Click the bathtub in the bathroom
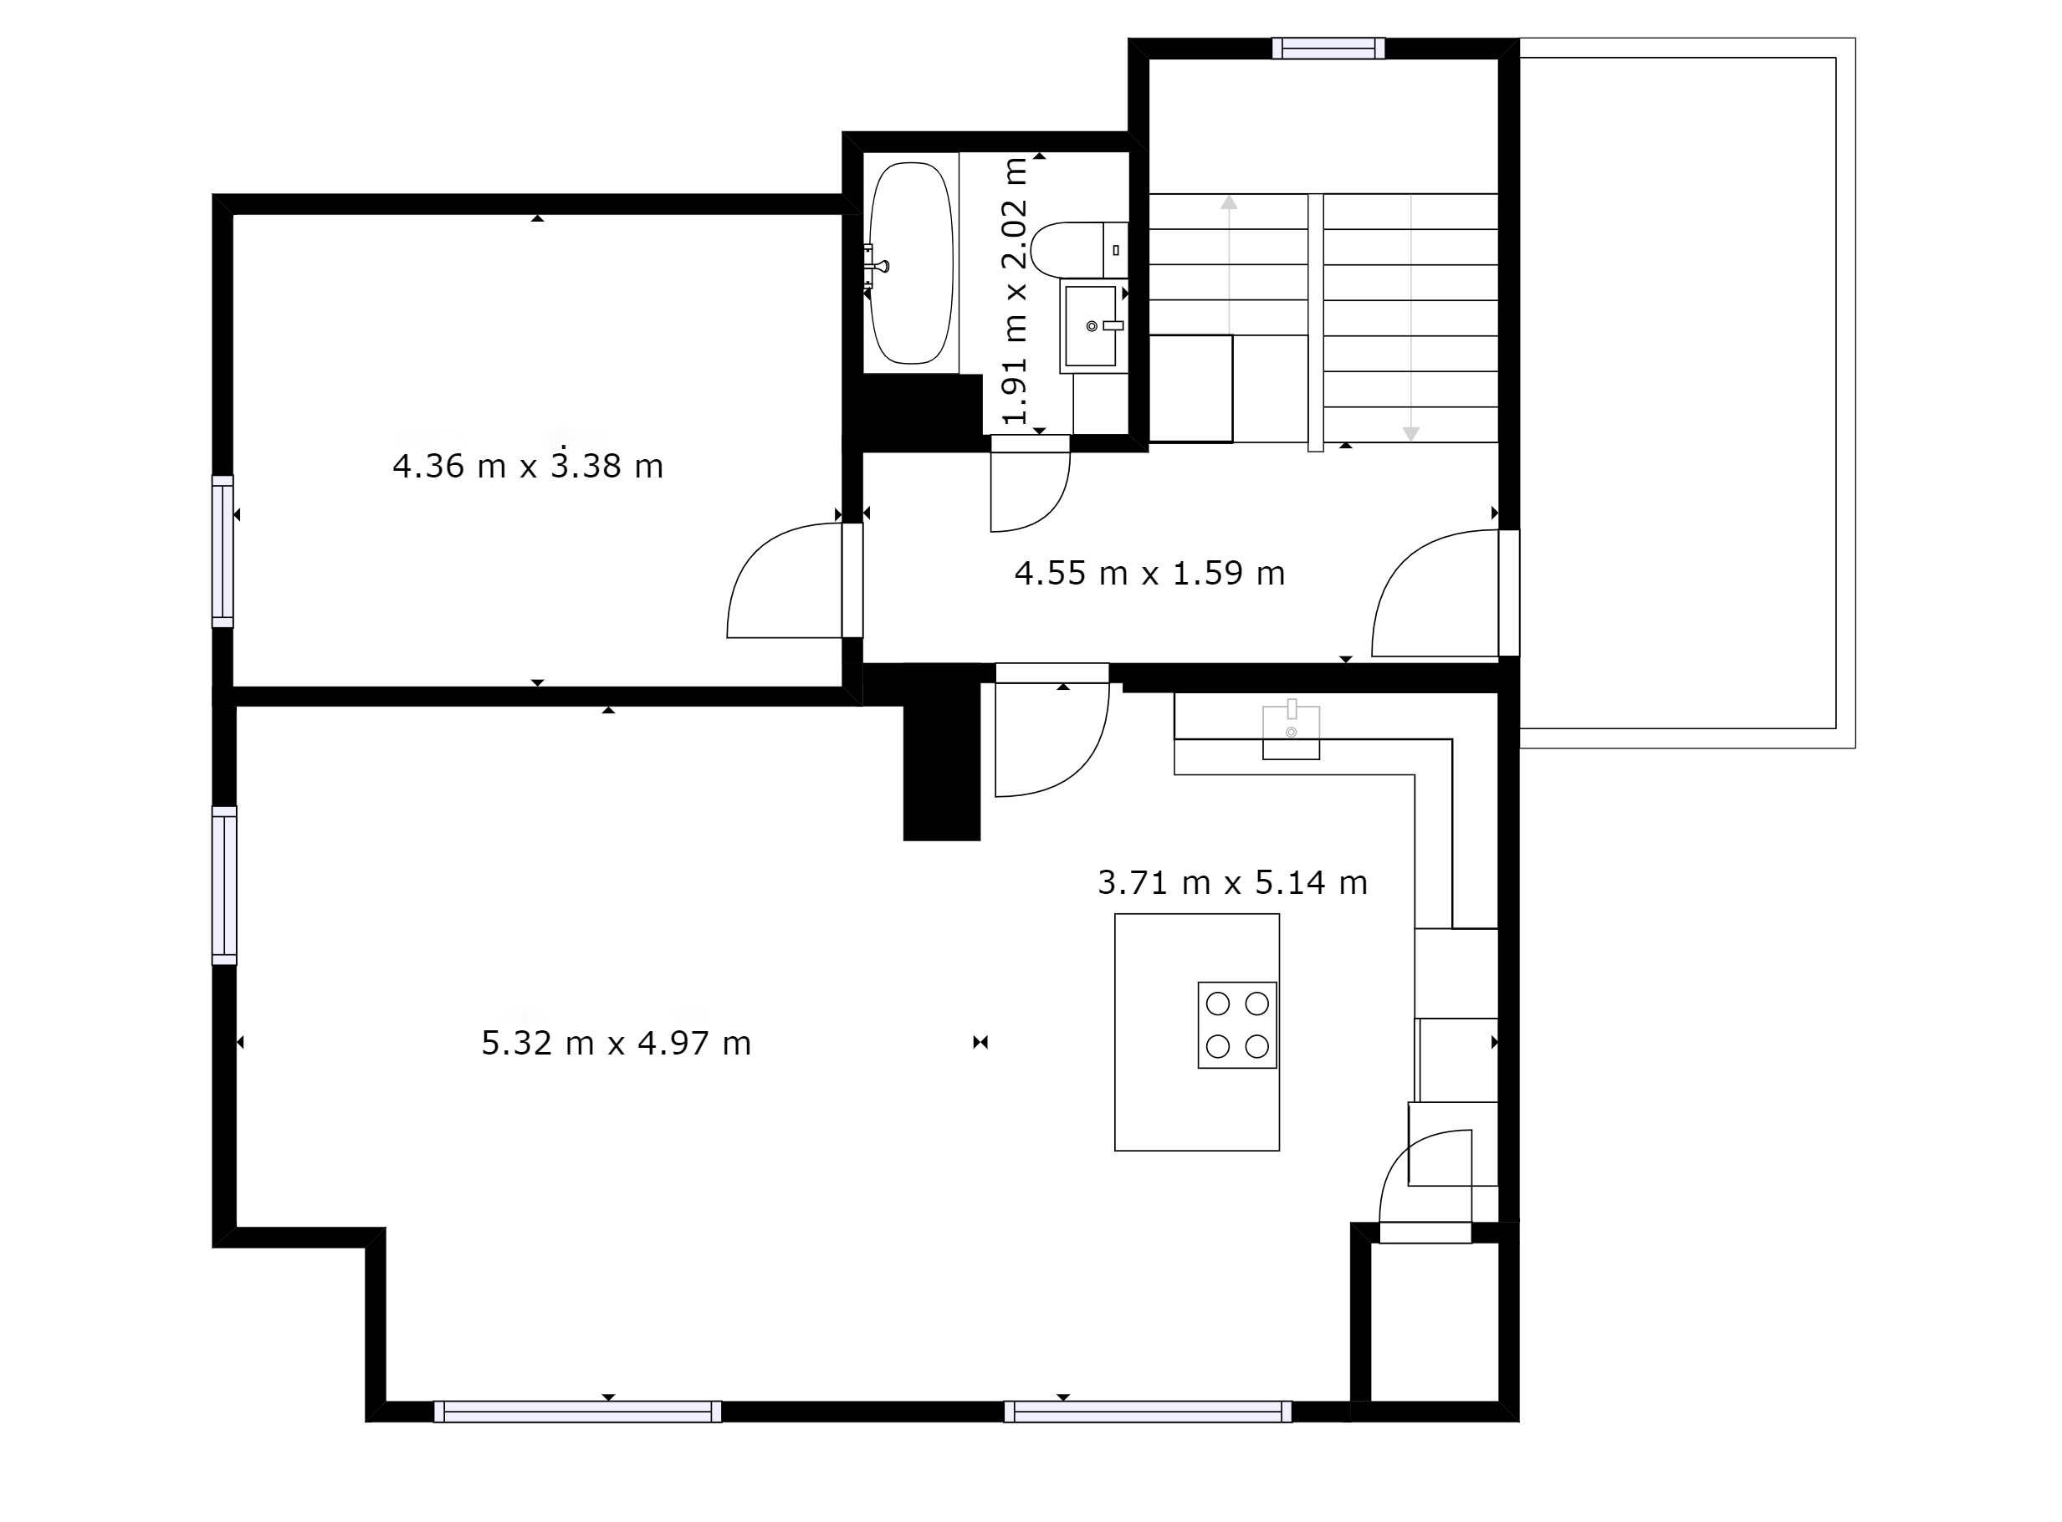pyautogui.click(x=910, y=263)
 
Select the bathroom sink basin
pyautogui.click(x=1091, y=326)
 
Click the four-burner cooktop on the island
pyautogui.click(x=1237, y=1024)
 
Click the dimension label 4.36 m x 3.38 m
pyautogui.click(x=528, y=465)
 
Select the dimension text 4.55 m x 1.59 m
pyautogui.click(x=1150, y=573)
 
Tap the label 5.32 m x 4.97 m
pyautogui.click(x=617, y=1043)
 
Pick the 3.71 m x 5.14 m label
pyautogui.click(x=1233, y=882)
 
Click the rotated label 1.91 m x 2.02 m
pyautogui.click(x=1014, y=291)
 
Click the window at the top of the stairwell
pyautogui.click(x=1328, y=48)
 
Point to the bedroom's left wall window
pyautogui.click(x=223, y=552)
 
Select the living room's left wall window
pyautogui.click(x=224, y=886)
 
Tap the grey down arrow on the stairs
pyautogui.click(x=1410, y=318)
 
